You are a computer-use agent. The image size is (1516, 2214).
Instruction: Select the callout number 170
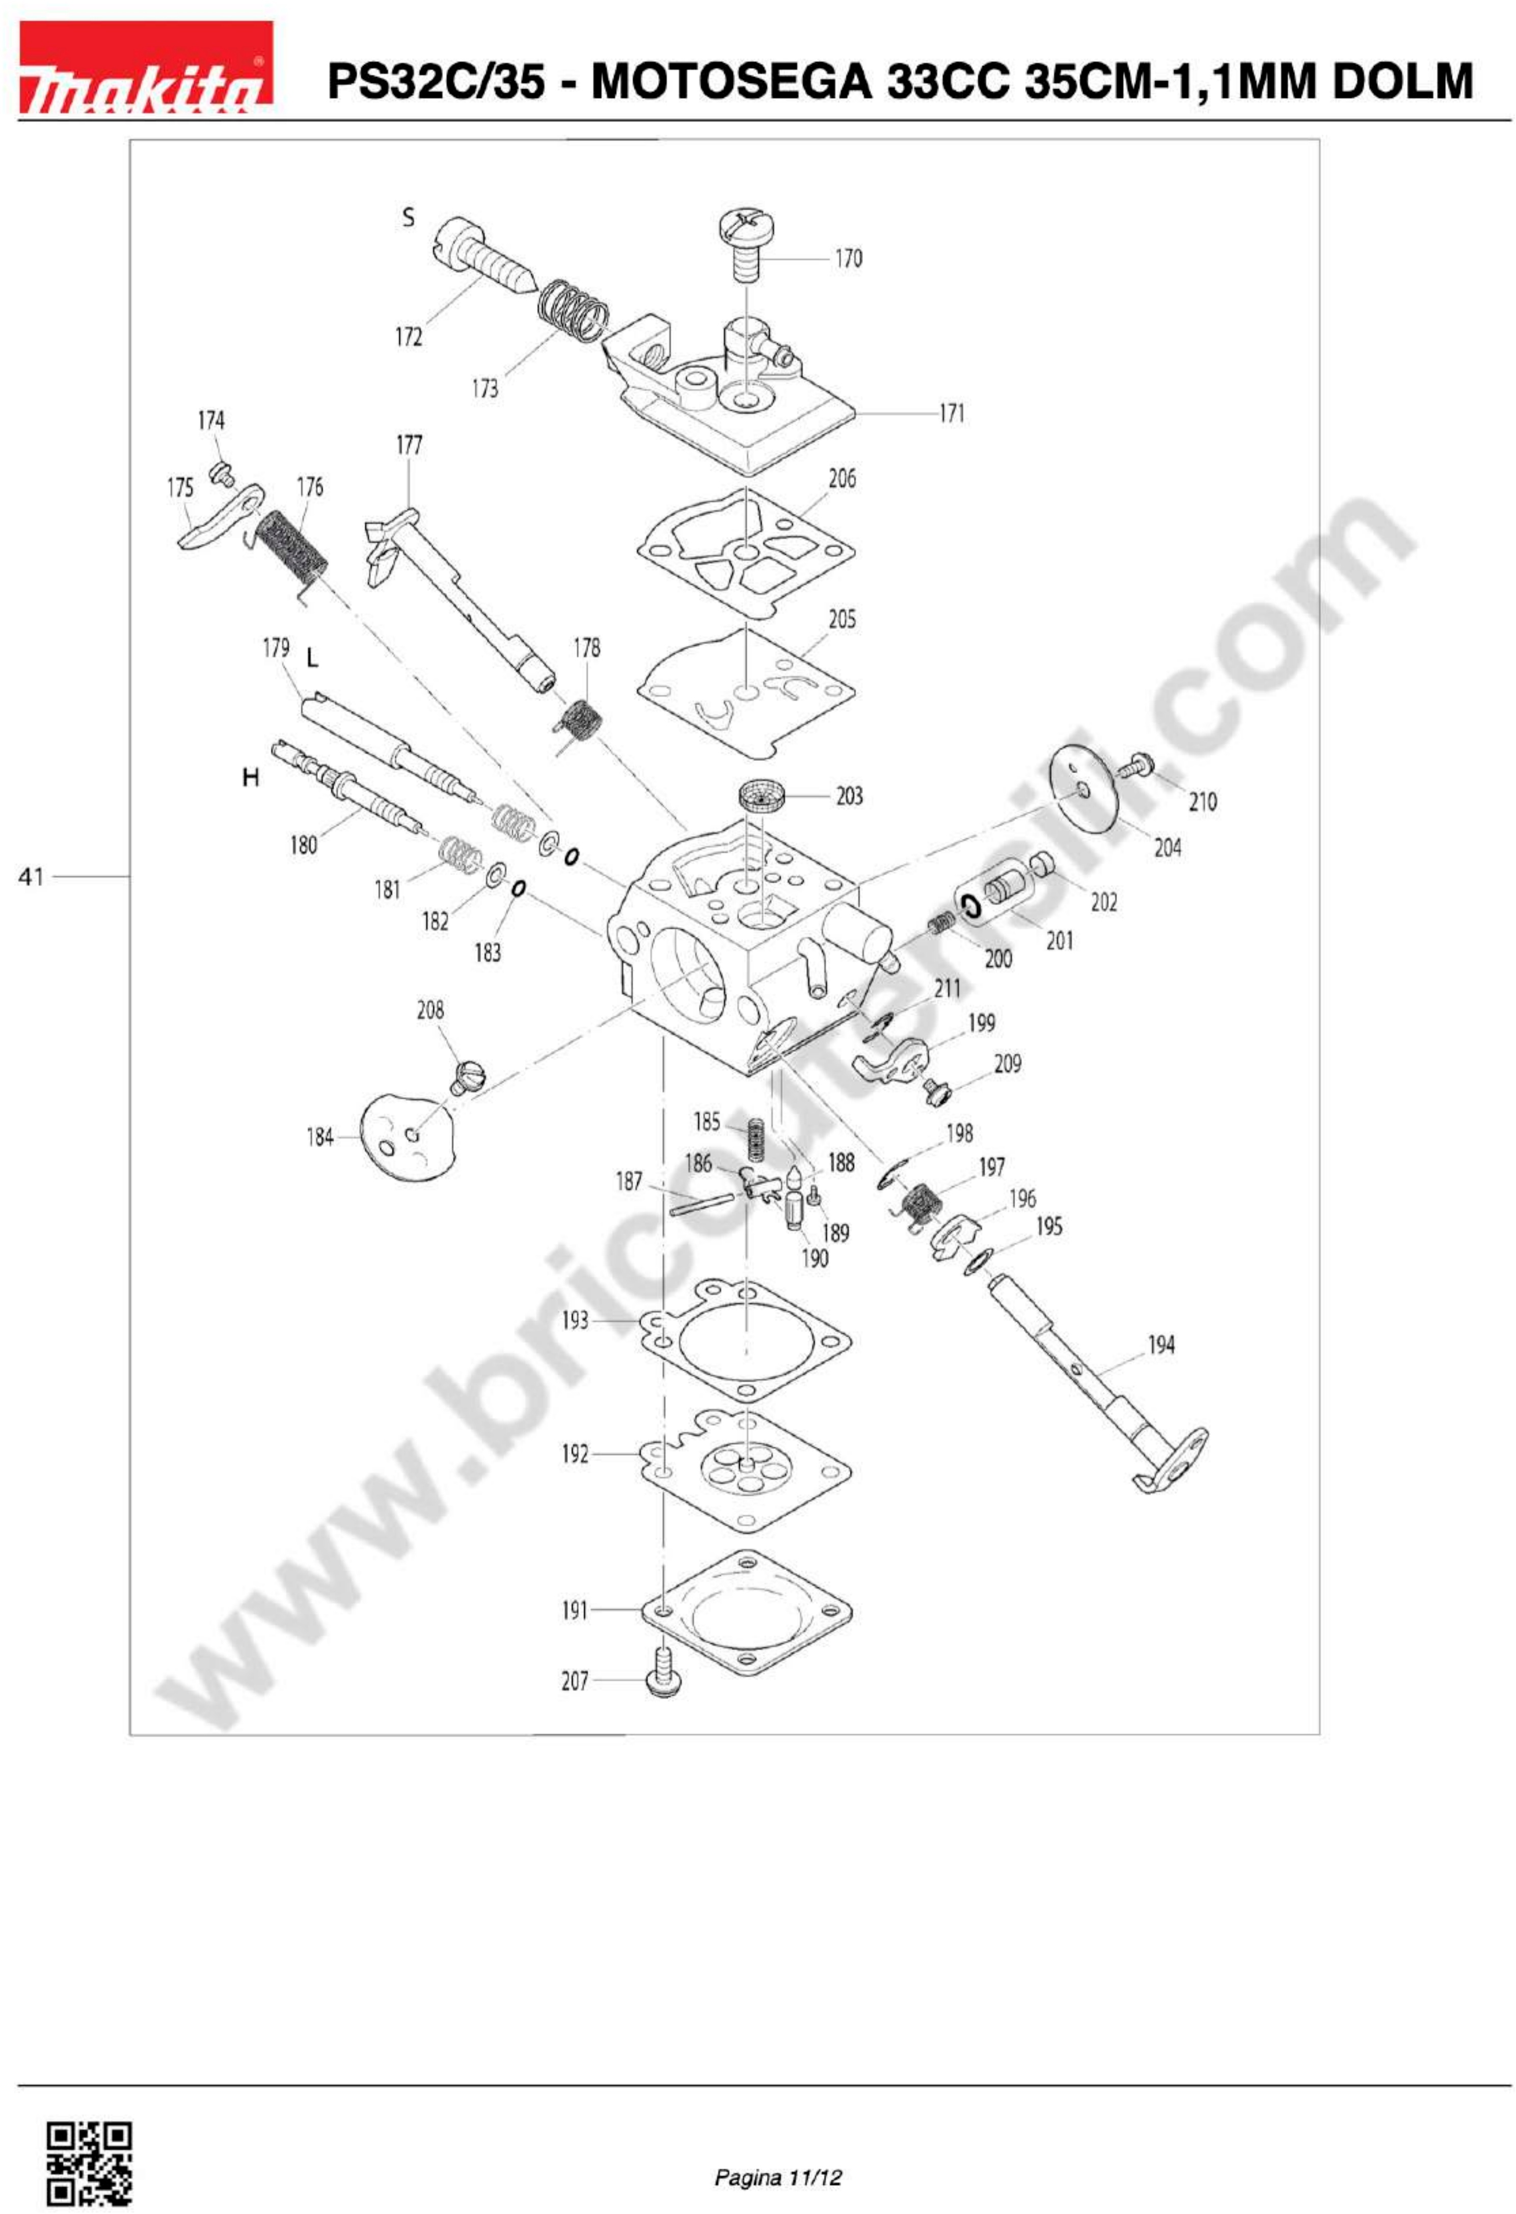tap(849, 258)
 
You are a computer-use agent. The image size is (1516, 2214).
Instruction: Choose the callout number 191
tap(574, 1610)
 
